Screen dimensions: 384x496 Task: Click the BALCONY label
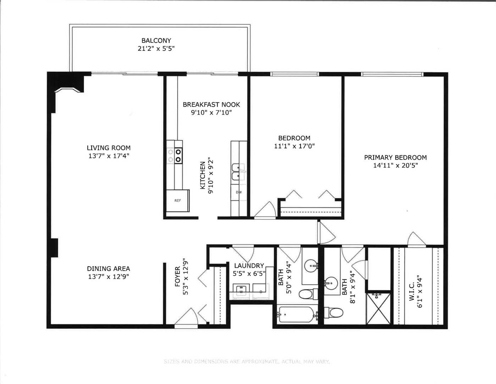(156, 41)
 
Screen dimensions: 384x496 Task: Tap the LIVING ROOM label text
(109, 148)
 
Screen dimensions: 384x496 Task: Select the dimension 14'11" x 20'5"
(395, 165)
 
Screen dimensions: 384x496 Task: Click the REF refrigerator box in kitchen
(178, 201)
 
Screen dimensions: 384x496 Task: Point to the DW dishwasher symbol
(239, 192)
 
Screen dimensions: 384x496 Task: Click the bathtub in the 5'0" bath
(297, 314)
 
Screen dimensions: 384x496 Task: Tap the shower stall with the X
(379, 308)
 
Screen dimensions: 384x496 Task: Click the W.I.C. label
(412, 292)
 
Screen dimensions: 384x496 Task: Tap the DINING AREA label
(109, 269)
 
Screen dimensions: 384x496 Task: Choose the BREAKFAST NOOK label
(211, 105)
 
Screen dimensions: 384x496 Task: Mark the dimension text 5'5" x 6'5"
(249, 273)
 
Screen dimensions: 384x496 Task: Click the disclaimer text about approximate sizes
(247, 362)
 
